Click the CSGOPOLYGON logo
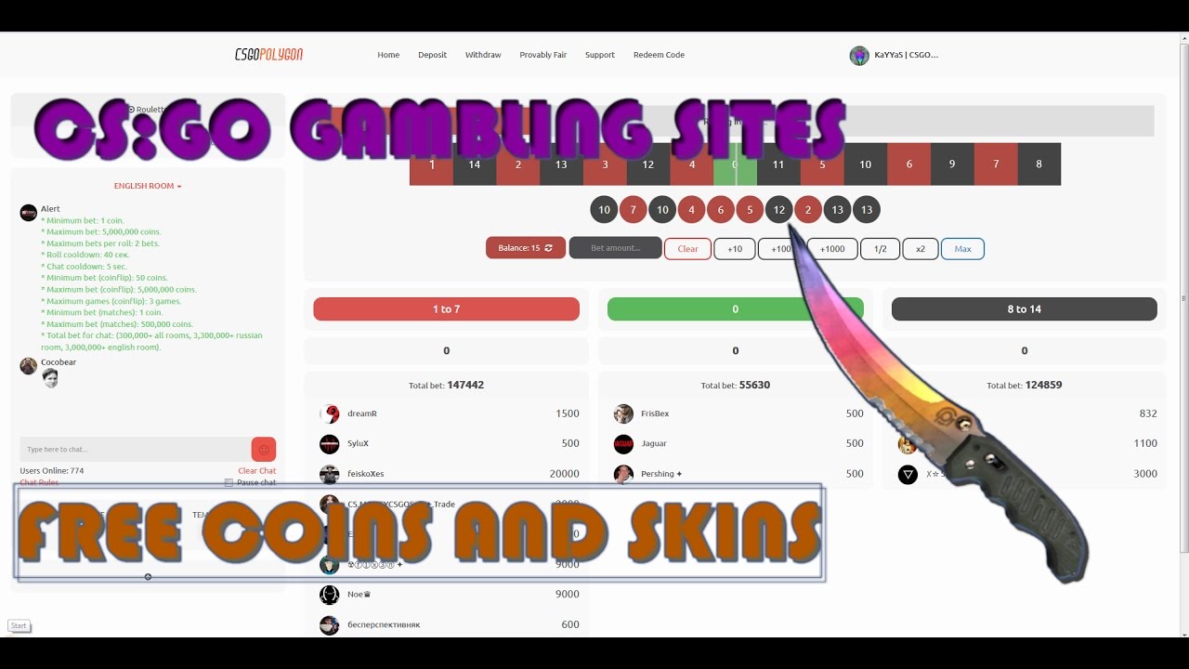268,55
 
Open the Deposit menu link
432,55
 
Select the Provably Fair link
542,55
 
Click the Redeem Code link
659,55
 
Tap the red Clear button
687,249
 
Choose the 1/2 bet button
880,249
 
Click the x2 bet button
920,249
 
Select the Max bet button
962,249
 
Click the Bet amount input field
615,248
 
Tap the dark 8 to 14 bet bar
1024,309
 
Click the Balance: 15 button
525,248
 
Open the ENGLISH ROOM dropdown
148,186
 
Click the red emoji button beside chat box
264,450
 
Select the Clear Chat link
256,471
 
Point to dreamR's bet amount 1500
568,413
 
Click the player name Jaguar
654,443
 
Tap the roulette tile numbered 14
474,164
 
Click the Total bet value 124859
1043,385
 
